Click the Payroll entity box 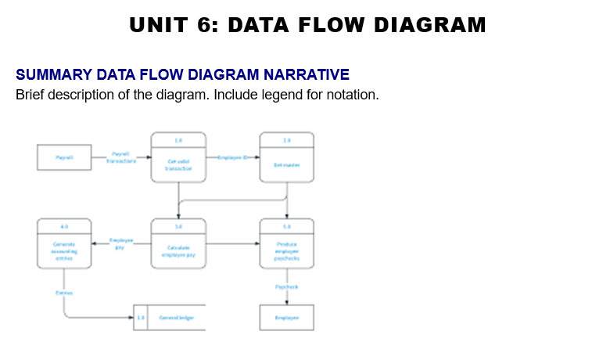click(x=64, y=157)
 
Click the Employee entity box click(x=287, y=317)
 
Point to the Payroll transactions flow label click(x=121, y=157)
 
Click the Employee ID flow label click(x=233, y=157)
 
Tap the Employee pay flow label click(x=120, y=243)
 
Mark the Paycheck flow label click(x=287, y=287)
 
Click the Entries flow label click(x=63, y=292)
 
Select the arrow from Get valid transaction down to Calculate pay click(x=178, y=200)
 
